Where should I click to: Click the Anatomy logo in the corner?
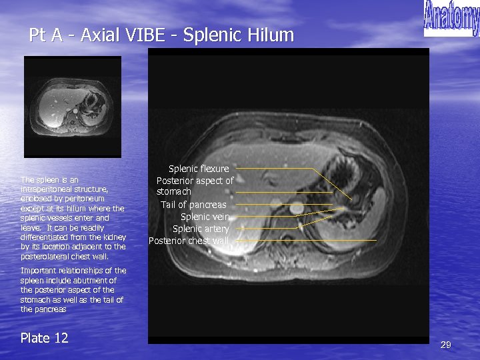click(451, 18)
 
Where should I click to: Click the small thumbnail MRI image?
click(73, 107)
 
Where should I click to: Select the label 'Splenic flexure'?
click(199, 169)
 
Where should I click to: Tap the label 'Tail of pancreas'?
click(193, 205)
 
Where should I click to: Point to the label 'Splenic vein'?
click(205, 217)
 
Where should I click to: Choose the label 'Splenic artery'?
click(201, 229)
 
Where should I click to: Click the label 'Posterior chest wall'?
click(189, 241)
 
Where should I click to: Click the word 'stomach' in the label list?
click(174, 192)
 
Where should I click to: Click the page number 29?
click(445, 345)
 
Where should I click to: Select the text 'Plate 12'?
click(44, 338)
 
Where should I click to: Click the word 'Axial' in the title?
click(98, 35)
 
